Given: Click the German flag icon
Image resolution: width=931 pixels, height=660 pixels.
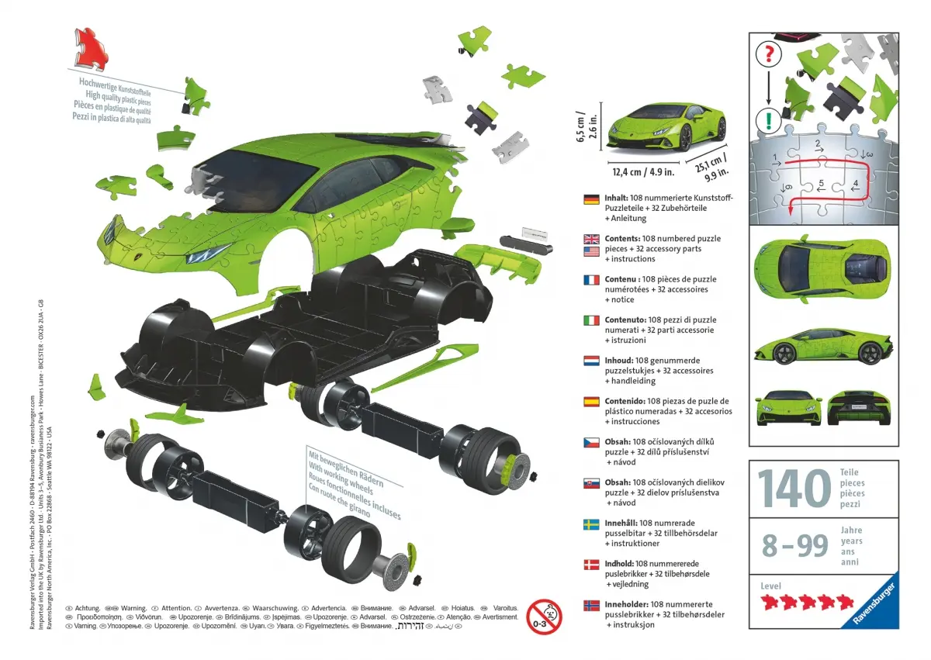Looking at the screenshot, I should point(592,199).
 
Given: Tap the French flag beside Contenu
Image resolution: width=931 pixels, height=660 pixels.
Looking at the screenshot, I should point(592,280).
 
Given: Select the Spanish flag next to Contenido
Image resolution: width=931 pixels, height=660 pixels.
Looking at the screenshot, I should point(592,402).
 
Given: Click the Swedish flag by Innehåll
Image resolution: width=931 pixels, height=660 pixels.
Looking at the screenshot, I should point(592,524).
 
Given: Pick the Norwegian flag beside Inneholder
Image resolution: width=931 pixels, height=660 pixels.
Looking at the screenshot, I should point(592,605).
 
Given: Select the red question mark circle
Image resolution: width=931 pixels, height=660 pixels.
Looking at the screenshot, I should point(768,54).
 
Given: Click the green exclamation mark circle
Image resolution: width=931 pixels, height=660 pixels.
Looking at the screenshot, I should point(768,120).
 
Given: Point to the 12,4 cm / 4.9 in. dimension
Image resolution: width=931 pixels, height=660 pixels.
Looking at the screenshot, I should point(641,172).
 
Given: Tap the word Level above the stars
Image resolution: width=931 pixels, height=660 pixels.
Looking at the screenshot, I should point(771,586).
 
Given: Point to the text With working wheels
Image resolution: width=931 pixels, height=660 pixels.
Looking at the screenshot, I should point(355,478).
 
